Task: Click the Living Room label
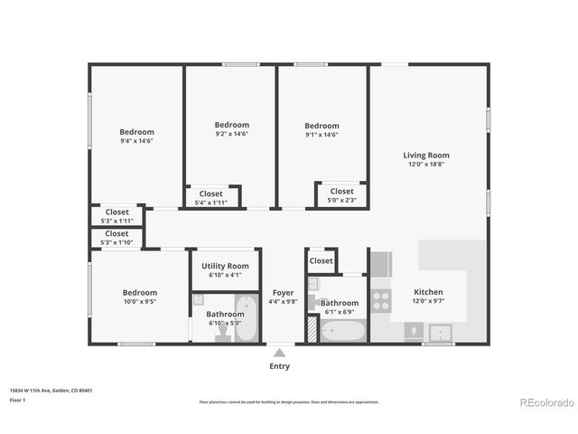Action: (x=425, y=156)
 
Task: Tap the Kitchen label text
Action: (x=428, y=292)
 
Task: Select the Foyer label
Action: (x=284, y=292)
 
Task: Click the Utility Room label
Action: (x=225, y=266)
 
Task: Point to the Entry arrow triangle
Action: (x=280, y=352)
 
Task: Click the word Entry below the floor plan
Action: (x=280, y=366)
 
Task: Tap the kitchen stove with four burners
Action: (x=381, y=301)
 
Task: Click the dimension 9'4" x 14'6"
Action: (x=136, y=141)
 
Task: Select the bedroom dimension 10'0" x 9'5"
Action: (x=140, y=302)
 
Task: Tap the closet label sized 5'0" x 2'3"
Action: (x=341, y=200)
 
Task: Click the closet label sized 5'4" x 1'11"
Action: (x=211, y=203)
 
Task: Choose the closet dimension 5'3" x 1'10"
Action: (x=117, y=242)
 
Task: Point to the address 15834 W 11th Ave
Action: (x=51, y=391)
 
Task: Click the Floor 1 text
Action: (x=18, y=400)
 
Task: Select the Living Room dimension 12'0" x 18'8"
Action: (x=425, y=165)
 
